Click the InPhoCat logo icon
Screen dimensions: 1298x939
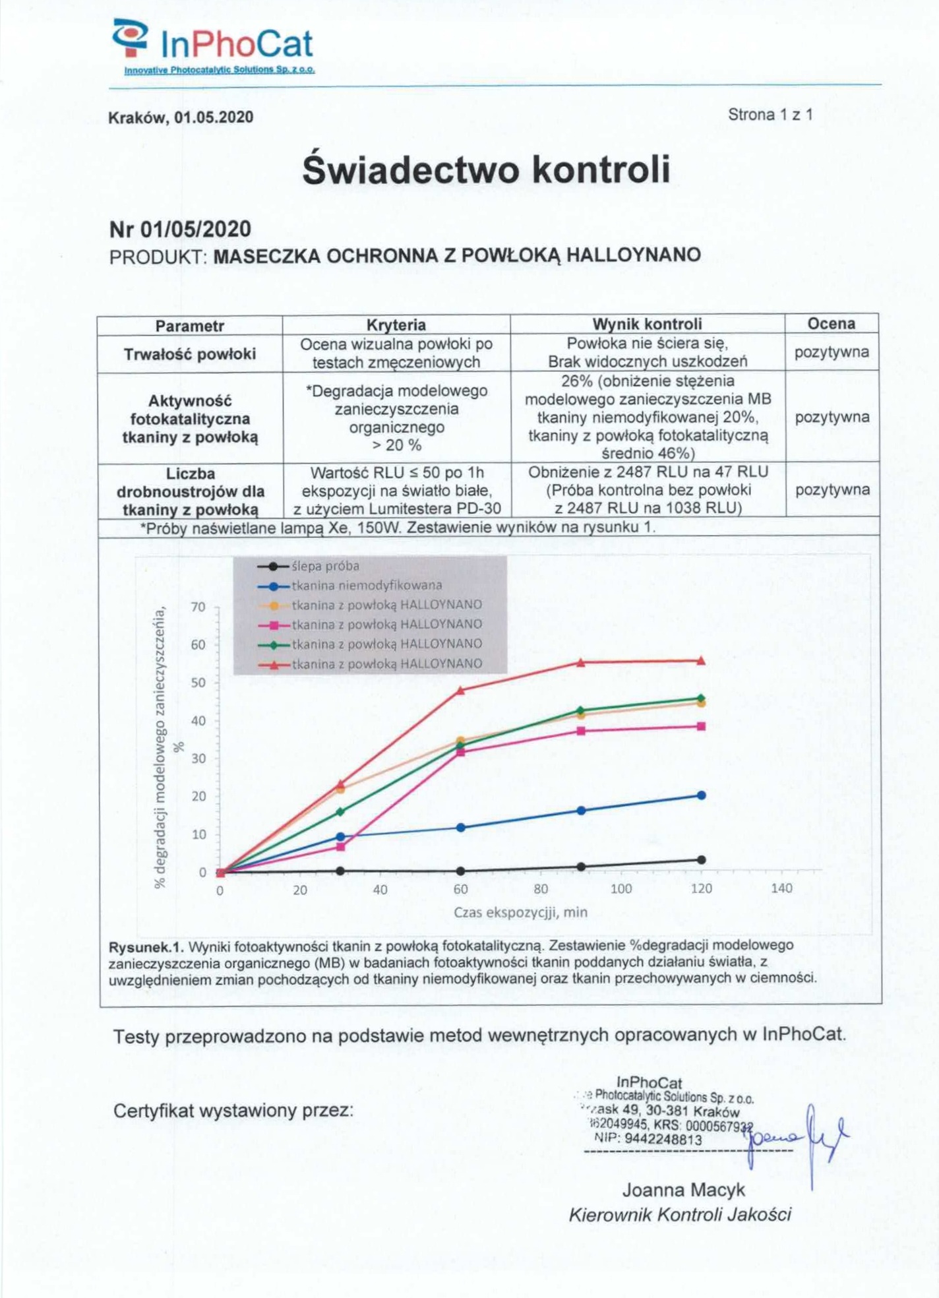[130, 38]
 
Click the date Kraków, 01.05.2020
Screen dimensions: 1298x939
[181, 117]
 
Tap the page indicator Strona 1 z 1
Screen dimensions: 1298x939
[770, 115]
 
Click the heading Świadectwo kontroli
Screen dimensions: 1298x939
[486, 170]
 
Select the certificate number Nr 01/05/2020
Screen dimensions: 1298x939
[180, 230]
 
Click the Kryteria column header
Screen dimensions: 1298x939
[396, 324]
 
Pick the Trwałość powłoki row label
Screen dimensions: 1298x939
[190, 354]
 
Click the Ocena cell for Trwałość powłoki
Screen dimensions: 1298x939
[831, 352]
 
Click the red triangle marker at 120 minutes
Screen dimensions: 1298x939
[701, 660]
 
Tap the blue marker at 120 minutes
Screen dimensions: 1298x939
[701, 795]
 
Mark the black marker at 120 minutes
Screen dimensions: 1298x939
[701, 860]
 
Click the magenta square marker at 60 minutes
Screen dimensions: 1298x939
[461, 752]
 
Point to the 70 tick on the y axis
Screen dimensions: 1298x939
[198, 607]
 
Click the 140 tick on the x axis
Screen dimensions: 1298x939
[781, 888]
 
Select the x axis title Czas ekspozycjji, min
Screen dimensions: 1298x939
[520, 912]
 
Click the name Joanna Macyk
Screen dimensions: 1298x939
[683, 1190]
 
